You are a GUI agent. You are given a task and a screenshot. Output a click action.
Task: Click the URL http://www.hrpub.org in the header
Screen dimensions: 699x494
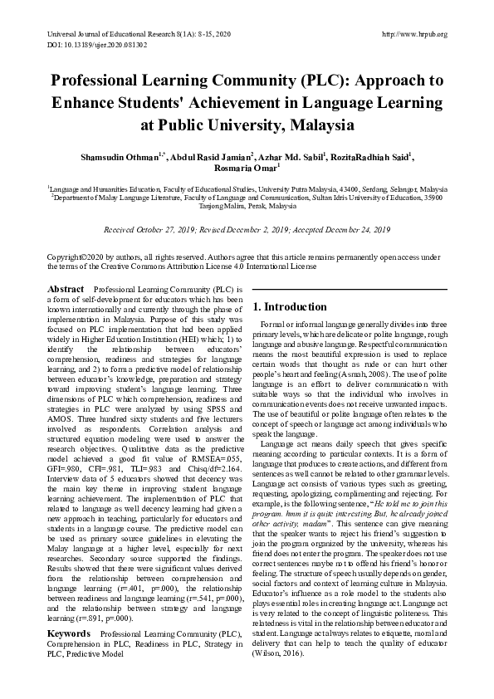tap(413, 34)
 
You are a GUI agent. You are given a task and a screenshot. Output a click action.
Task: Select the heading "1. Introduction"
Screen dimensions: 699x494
tap(290, 306)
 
